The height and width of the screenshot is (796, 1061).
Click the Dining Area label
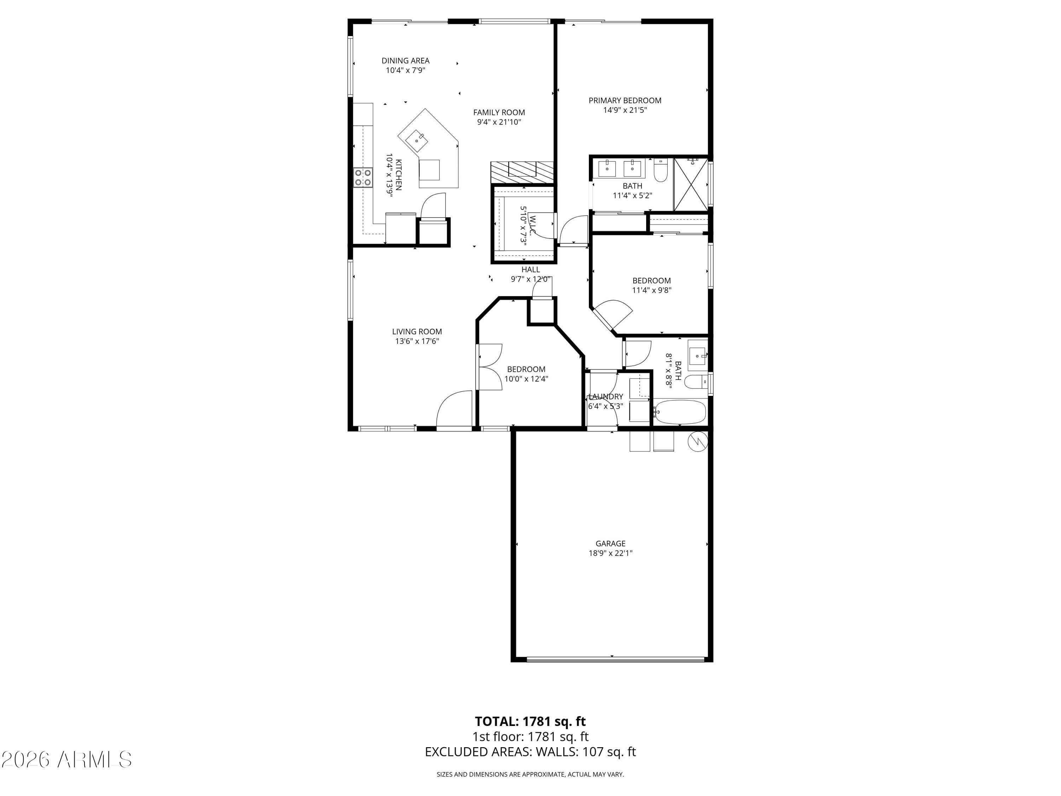point(405,61)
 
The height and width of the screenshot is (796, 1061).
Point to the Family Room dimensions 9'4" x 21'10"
point(499,122)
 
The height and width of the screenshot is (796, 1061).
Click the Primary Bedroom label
point(625,100)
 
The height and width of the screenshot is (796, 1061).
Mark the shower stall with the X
point(691,184)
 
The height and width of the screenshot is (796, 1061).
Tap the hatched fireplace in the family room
point(522,172)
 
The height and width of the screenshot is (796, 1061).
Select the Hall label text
point(530,270)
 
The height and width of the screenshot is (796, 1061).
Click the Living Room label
point(417,331)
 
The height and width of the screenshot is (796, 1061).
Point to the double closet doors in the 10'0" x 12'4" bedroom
point(489,367)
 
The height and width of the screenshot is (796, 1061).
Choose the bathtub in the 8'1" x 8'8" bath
point(680,412)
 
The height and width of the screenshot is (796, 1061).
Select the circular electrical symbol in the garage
point(697,442)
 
